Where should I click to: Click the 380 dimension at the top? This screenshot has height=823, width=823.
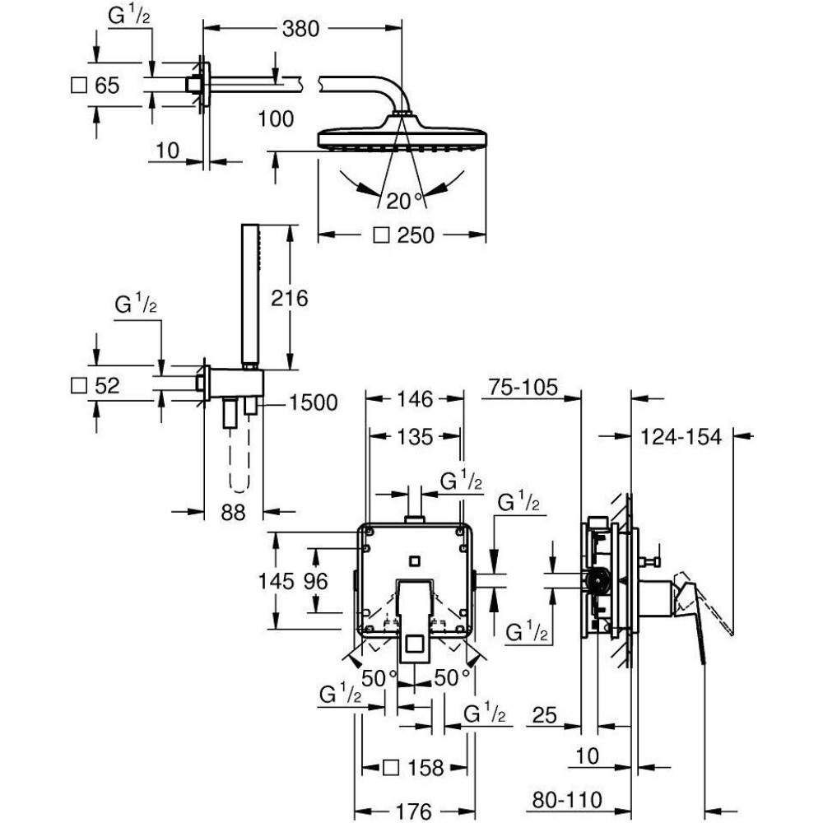click(x=300, y=29)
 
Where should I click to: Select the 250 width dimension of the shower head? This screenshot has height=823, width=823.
click(x=414, y=235)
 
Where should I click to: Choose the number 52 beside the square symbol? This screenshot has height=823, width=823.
click(x=108, y=385)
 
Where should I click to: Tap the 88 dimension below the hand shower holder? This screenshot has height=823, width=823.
click(x=234, y=512)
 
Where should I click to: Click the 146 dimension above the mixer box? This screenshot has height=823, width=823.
click(x=415, y=400)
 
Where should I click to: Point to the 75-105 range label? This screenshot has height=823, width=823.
click(x=523, y=387)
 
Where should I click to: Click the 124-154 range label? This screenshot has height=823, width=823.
click(x=682, y=437)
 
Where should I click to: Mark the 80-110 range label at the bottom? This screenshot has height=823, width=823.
click(x=568, y=799)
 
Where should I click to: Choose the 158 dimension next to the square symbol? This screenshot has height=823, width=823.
click(x=425, y=768)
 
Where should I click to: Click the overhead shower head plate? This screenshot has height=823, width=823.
click(x=402, y=137)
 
